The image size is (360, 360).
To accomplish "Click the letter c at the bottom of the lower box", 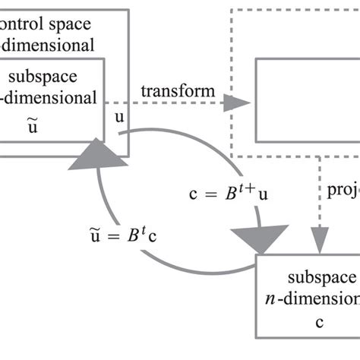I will (319, 322).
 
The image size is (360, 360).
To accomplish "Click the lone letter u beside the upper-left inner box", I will (119, 117).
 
